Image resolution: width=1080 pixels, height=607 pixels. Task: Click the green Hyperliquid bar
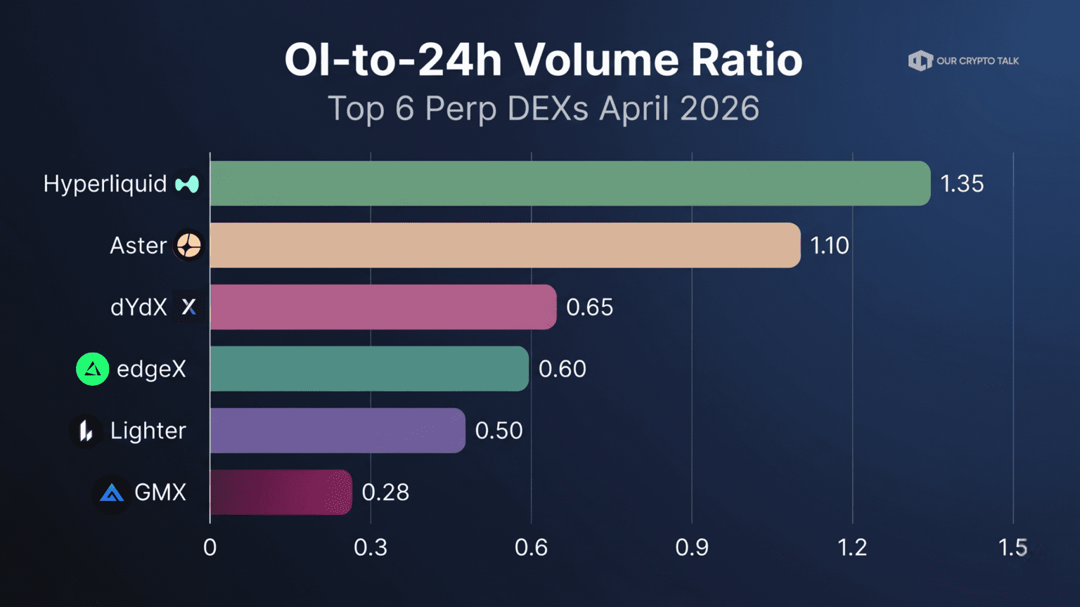pyautogui.click(x=570, y=183)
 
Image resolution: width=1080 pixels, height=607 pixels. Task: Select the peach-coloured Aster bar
pyautogui.click(x=505, y=245)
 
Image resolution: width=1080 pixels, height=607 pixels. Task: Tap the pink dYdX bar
pyautogui.click(x=383, y=307)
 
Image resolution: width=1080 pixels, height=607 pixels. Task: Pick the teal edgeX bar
pyautogui.click(x=369, y=369)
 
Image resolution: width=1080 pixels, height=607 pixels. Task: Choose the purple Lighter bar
pyautogui.click(x=337, y=431)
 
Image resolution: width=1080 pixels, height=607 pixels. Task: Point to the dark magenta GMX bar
pyautogui.click(x=281, y=492)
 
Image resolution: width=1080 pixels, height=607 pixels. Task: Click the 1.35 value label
pyautogui.click(x=962, y=184)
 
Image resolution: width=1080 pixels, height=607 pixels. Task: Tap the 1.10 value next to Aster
pyautogui.click(x=830, y=246)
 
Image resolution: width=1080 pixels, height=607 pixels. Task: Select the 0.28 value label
pyautogui.click(x=385, y=492)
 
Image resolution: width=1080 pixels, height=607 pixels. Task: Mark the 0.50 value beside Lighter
pyautogui.click(x=499, y=431)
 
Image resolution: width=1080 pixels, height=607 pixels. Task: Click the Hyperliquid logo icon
pyautogui.click(x=188, y=184)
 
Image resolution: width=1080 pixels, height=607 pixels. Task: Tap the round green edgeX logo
pyautogui.click(x=92, y=369)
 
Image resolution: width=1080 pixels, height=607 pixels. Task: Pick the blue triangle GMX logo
pyautogui.click(x=111, y=493)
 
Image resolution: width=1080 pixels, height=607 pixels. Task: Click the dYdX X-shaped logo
pyautogui.click(x=188, y=307)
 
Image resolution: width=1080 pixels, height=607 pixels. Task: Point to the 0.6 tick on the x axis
pyautogui.click(x=531, y=547)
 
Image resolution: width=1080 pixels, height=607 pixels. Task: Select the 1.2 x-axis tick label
pyautogui.click(x=852, y=547)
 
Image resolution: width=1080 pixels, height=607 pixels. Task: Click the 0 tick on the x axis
pyautogui.click(x=210, y=547)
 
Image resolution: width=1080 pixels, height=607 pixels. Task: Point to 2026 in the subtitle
pyautogui.click(x=719, y=109)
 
